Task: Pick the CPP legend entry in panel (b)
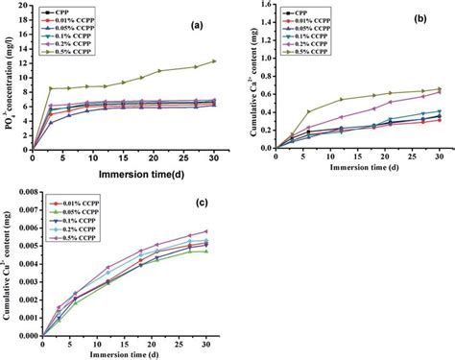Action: pos(288,13)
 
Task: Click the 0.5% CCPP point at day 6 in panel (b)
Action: pos(308,111)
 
